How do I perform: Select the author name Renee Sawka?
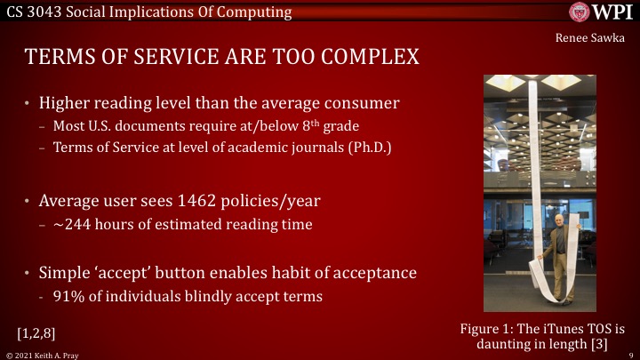point(590,38)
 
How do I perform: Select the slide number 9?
point(629,354)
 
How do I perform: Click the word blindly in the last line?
point(184,295)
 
